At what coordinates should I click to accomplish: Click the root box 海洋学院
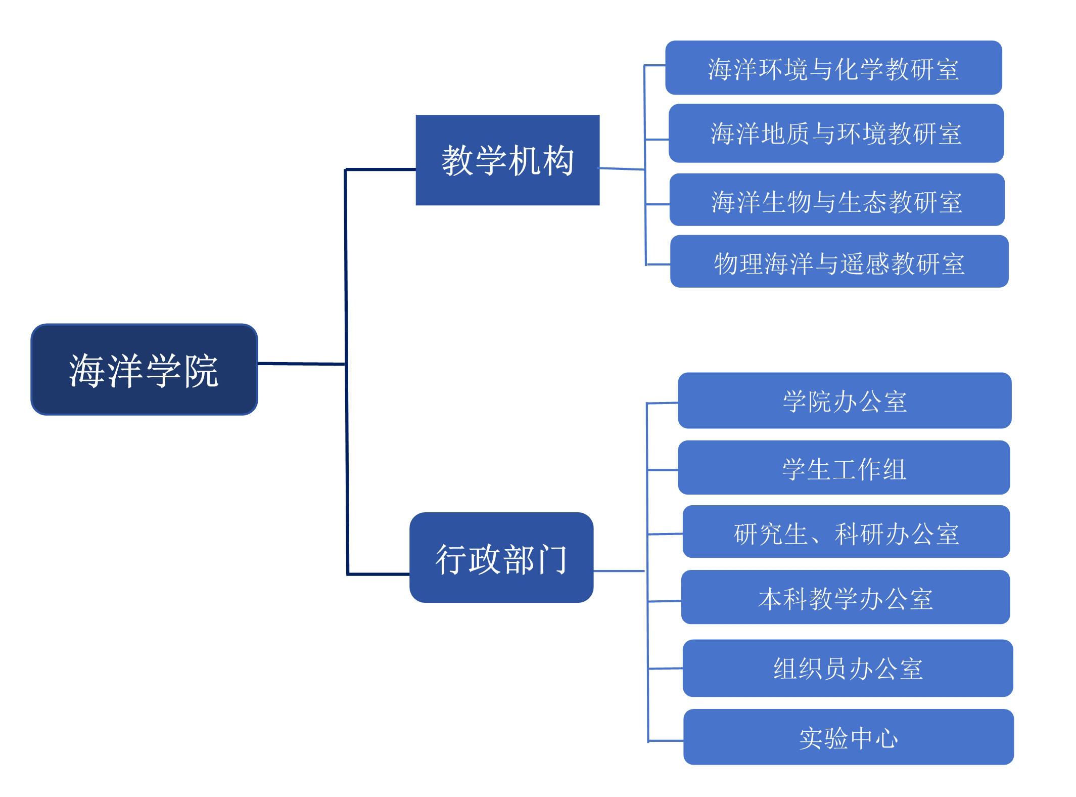(144, 370)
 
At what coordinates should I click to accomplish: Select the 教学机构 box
(507, 160)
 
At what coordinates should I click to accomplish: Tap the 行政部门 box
(501, 557)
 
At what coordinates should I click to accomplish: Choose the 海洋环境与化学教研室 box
(833, 68)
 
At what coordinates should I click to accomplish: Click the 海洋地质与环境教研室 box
(836, 133)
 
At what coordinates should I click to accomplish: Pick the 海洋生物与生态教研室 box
(836, 200)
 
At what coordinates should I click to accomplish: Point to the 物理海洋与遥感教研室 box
(839, 261)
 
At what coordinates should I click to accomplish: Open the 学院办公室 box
(845, 401)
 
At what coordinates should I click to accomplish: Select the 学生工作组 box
(844, 467)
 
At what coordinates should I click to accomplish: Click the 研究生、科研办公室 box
(846, 532)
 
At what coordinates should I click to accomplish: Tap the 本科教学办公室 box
(845, 597)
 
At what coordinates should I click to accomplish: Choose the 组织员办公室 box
(848, 668)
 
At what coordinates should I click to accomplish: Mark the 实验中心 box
(848, 737)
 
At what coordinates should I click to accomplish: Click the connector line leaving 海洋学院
(301, 363)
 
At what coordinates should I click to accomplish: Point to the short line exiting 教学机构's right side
(622, 168)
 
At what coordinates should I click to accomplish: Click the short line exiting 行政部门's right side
(619, 571)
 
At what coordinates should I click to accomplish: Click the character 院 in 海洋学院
(201, 371)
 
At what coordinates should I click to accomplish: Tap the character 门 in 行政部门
(552, 559)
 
